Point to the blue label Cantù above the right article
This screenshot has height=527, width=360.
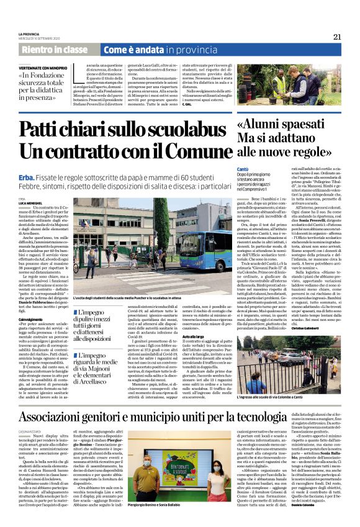[x=243, y=169]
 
